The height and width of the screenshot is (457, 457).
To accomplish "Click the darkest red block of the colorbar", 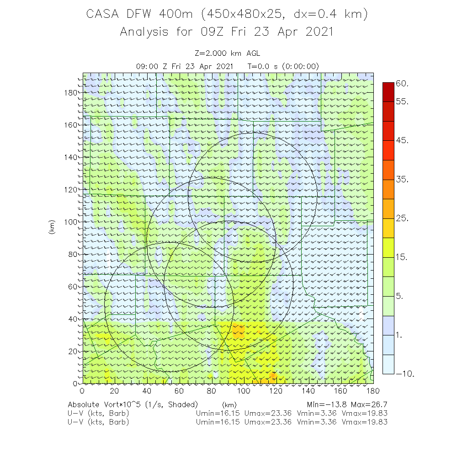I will click(x=388, y=92).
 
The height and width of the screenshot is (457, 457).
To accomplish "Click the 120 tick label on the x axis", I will click(x=276, y=391).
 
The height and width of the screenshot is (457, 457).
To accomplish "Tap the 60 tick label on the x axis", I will click(x=179, y=391).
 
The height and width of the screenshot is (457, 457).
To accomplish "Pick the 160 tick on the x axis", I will click(x=341, y=391).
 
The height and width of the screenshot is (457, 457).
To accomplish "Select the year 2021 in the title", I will click(x=318, y=32).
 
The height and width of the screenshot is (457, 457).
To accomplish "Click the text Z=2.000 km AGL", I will click(x=227, y=54).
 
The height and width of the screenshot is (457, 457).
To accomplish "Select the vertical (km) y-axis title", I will click(x=51, y=227).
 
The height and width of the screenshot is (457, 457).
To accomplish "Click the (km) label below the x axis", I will click(x=229, y=405).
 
